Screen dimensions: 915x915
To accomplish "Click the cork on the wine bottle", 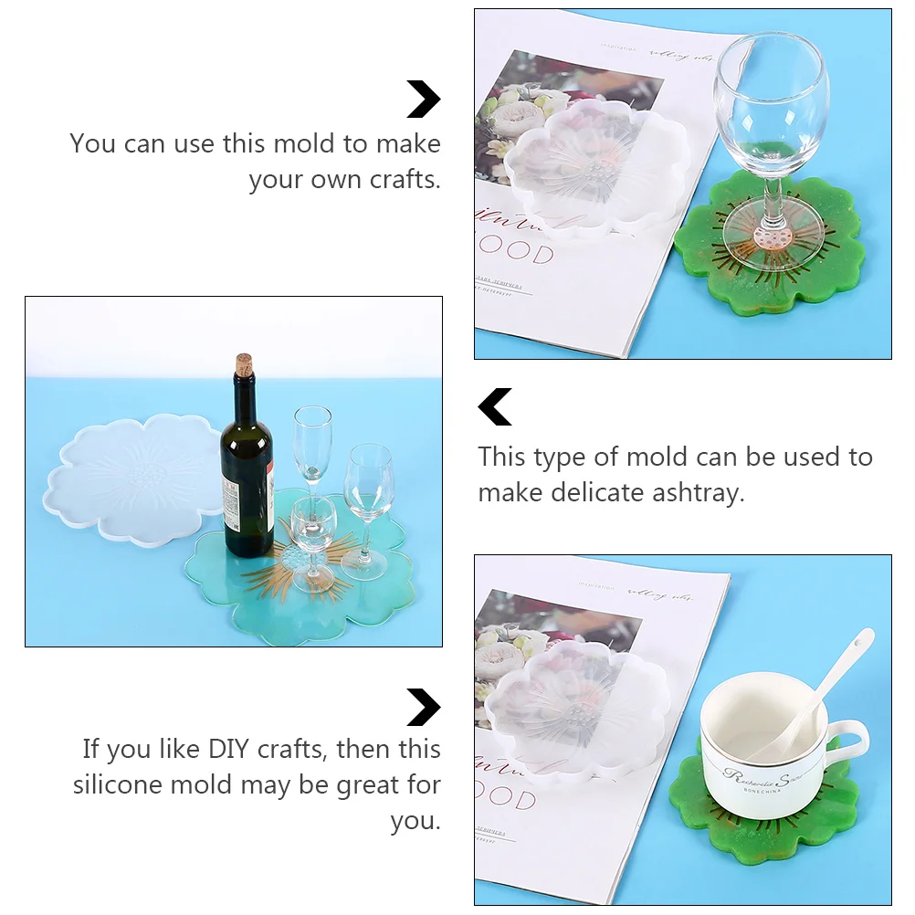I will (244, 363).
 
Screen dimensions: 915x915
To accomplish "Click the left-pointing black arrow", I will (495, 407).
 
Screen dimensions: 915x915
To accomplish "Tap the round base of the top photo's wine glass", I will (773, 238).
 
